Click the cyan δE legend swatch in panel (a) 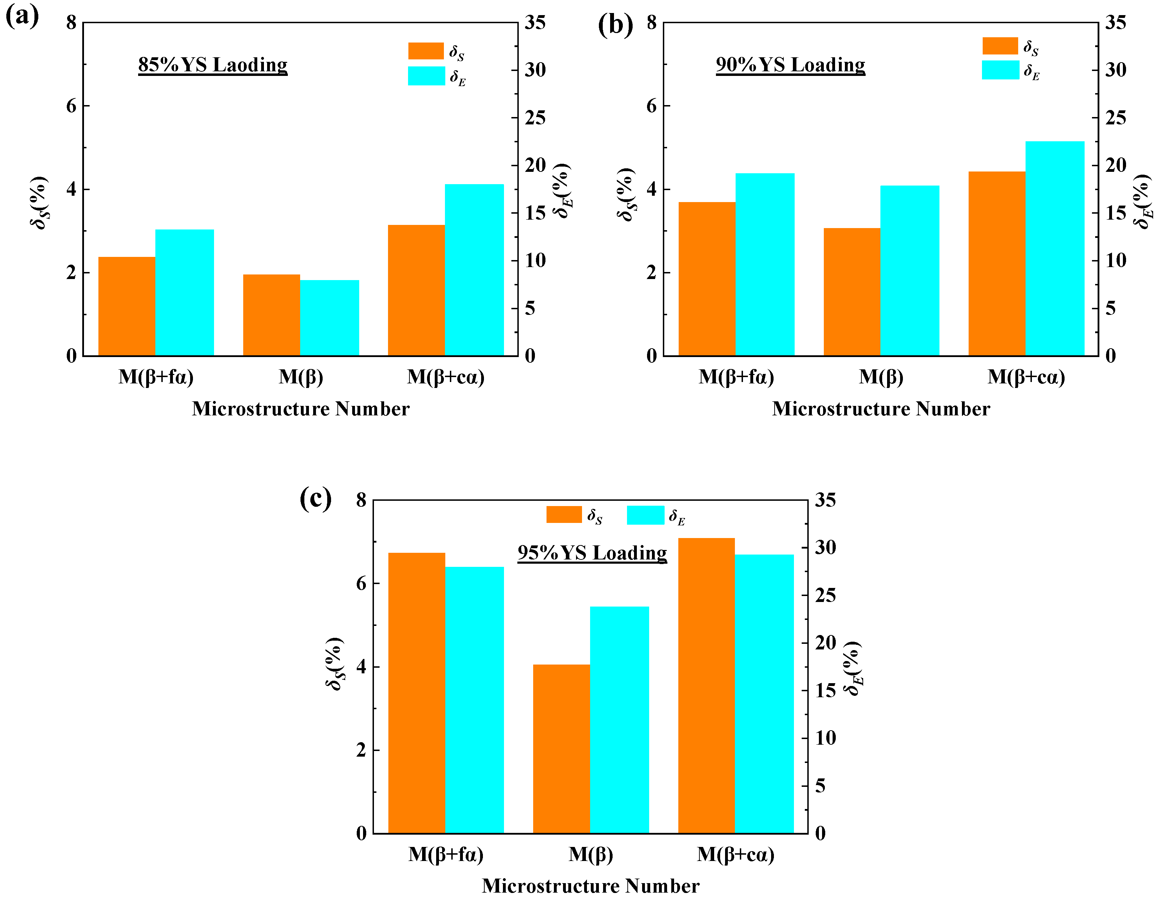(426, 76)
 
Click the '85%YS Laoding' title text (212, 65)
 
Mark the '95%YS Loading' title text (592, 552)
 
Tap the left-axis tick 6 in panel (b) (651, 105)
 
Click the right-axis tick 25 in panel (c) (825, 595)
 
